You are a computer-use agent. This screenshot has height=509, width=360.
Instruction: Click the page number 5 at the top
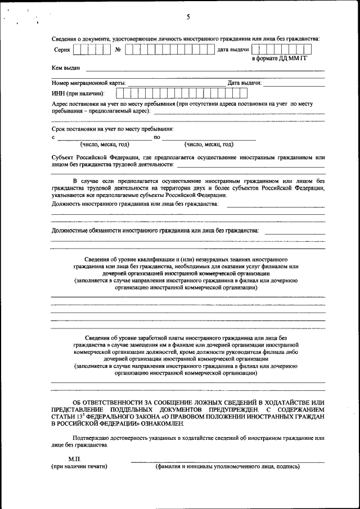click(x=188, y=17)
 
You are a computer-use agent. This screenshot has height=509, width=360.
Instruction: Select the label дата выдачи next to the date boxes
click(x=233, y=50)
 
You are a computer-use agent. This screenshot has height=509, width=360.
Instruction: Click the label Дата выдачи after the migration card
click(x=244, y=83)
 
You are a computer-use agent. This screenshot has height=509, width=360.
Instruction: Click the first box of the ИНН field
click(x=120, y=93)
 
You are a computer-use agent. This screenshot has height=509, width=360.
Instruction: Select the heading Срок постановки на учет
click(x=112, y=129)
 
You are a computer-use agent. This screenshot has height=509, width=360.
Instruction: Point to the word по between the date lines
click(x=157, y=137)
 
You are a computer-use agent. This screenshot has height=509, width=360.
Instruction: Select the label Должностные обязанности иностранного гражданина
click(x=155, y=231)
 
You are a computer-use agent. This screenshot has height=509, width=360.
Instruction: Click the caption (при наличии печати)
click(x=79, y=466)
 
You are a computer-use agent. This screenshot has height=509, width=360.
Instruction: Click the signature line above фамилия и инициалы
click(x=227, y=461)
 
